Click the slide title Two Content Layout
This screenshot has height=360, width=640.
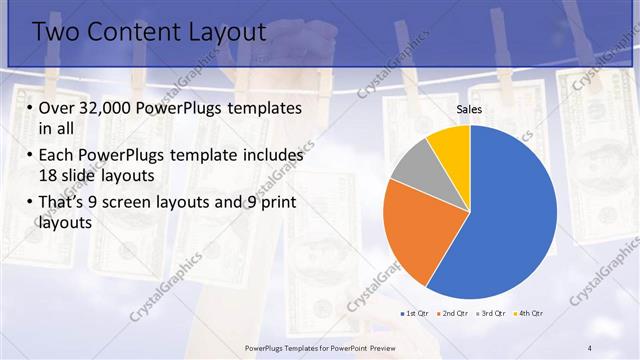(149, 32)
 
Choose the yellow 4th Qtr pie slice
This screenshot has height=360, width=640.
(450, 145)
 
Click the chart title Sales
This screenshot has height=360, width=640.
(470, 108)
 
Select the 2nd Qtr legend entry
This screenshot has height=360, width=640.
(454, 314)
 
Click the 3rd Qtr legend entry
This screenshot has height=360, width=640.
(493, 314)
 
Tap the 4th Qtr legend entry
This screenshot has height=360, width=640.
(530, 314)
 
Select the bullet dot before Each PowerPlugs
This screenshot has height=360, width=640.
(30, 156)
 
